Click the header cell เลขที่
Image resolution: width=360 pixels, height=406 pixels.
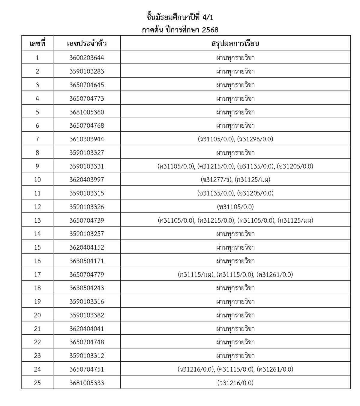pyautogui.click(x=37, y=43)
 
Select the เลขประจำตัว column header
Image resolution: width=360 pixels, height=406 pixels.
pyautogui.click(x=87, y=43)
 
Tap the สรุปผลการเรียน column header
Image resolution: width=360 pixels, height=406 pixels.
pyautogui.click(x=235, y=43)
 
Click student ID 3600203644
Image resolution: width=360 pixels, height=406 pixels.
pyautogui.click(x=87, y=58)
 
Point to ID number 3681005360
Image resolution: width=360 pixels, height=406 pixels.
pyautogui.click(x=87, y=112)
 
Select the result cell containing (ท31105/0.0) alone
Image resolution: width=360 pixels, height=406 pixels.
pyautogui.click(x=235, y=207)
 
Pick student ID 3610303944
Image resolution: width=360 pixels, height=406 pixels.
pyautogui.click(x=87, y=139)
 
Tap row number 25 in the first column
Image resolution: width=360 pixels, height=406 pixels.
pyautogui.click(x=37, y=383)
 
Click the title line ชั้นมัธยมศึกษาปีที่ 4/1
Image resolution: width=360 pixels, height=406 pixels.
pyautogui.click(x=180, y=17)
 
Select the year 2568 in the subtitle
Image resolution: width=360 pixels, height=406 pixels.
pyautogui.click(x=210, y=30)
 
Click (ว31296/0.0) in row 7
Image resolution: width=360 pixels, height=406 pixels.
pyautogui.click(x=255, y=139)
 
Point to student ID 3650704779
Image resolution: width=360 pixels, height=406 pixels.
pyautogui.click(x=87, y=274)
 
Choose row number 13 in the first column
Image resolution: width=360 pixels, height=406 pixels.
pyautogui.click(x=37, y=221)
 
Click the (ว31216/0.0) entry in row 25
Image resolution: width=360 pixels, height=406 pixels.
pyautogui.click(x=235, y=383)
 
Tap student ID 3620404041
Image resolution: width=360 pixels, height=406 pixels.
pyautogui.click(x=87, y=329)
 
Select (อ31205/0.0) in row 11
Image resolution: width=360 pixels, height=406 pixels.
pyautogui.click(x=255, y=193)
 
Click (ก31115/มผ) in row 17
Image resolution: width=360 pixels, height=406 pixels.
pyautogui.click(x=196, y=274)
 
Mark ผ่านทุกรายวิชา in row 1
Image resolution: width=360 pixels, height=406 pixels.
pyautogui.click(x=235, y=58)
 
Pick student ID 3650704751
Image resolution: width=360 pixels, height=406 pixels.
pyautogui.click(x=87, y=369)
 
